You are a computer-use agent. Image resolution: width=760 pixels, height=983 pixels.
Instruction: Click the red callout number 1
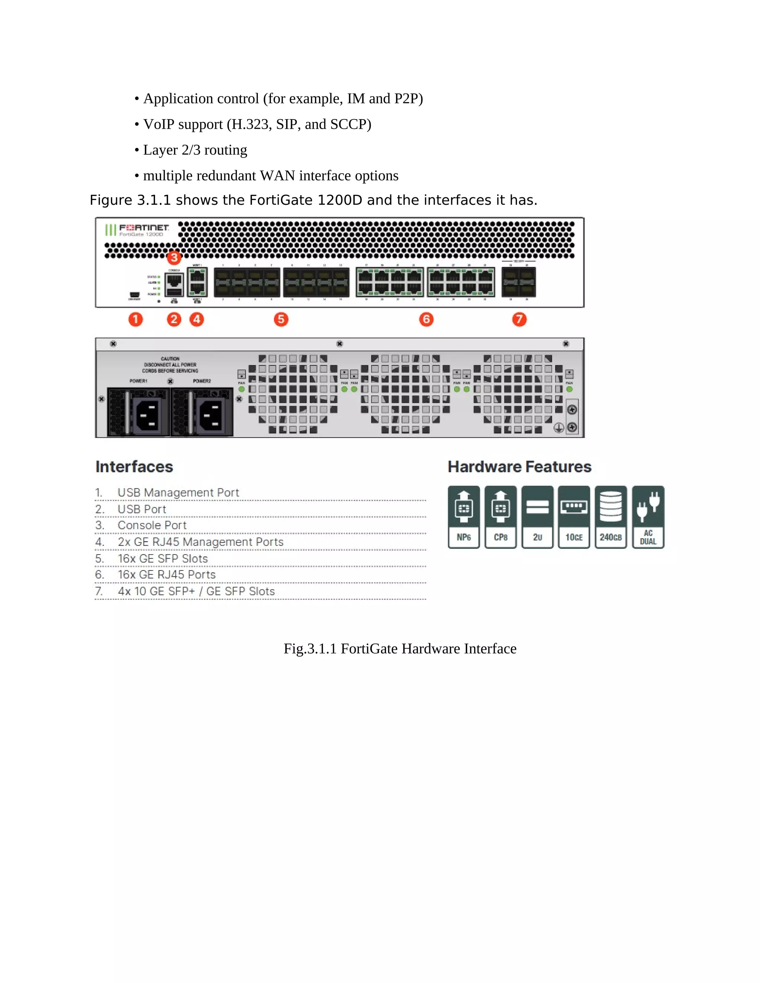[x=135, y=319]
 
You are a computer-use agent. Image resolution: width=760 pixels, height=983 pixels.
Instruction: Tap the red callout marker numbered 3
[x=174, y=258]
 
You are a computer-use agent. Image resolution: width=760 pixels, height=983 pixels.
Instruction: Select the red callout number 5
[x=281, y=319]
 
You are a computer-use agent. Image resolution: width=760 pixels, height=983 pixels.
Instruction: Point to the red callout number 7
[x=519, y=319]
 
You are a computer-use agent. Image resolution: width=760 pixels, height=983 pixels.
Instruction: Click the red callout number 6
[x=426, y=319]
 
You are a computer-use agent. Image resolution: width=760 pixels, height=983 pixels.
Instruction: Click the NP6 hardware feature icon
[x=464, y=517]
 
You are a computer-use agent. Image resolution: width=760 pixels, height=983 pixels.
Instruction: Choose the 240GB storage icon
[x=610, y=517]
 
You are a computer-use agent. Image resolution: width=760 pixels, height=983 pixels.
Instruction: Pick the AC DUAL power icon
[x=648, y=517]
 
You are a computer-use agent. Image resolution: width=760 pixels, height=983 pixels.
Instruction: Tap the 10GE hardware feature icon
[x=574, y=517]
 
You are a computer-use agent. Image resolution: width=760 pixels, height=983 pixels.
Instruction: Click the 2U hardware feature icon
[x=537, y=517]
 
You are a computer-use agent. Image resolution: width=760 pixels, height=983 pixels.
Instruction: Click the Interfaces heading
[x=134, y=467]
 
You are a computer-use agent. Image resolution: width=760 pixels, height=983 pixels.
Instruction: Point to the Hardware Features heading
[x=519, y=467]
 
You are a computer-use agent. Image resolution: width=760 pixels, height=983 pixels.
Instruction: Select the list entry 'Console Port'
[x=152, y=525]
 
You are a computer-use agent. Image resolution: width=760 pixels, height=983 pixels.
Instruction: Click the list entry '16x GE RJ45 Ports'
[x=167, y=575]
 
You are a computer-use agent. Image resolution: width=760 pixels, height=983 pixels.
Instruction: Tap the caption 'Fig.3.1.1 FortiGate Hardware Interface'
[x=400, y=648]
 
